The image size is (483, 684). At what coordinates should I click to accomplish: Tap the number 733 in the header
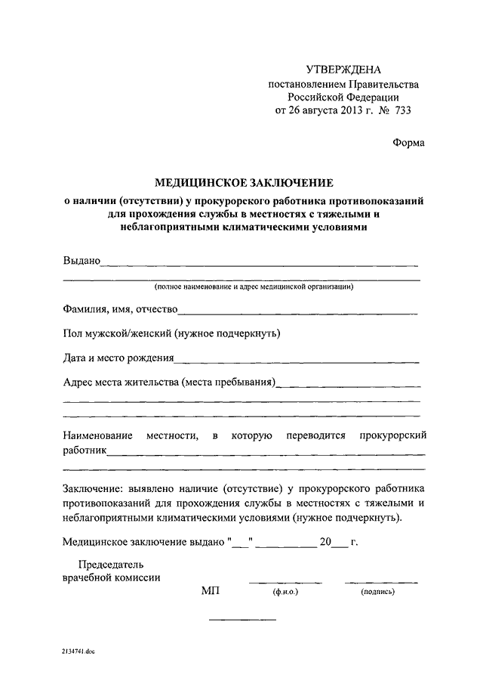click(x=399, y=110)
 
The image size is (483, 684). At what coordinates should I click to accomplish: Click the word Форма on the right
click(x=408, y=142)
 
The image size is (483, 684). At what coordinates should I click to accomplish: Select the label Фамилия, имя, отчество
click(x=120, y=309)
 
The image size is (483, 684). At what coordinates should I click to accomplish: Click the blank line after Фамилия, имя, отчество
click(x=297, y=312)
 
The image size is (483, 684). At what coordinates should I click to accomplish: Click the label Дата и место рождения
click(x=118, y=357)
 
